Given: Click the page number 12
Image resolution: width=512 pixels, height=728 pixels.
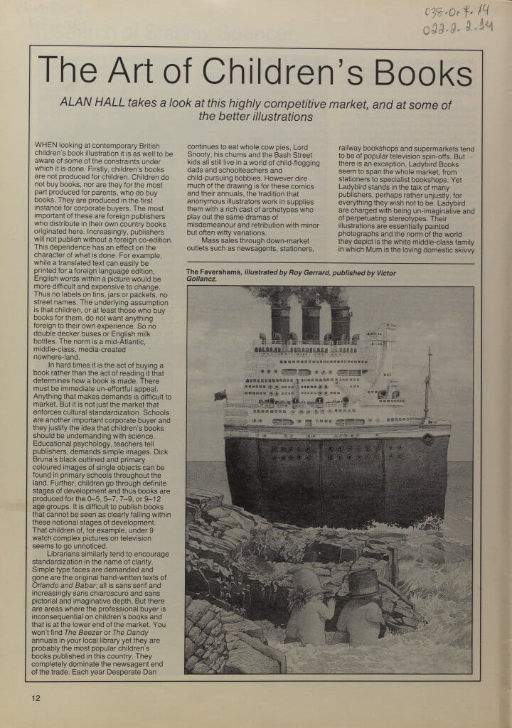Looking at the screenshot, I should (x=36, y=697).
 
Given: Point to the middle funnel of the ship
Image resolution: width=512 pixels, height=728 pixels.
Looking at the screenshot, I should (x=311, y=321).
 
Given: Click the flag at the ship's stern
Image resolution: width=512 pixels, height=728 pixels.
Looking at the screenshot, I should (x=221, y=395).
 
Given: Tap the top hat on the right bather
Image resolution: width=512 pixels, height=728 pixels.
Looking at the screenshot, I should (x=363, y=584).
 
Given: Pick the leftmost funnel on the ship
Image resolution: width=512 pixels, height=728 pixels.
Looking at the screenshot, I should (x=281, y=321).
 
